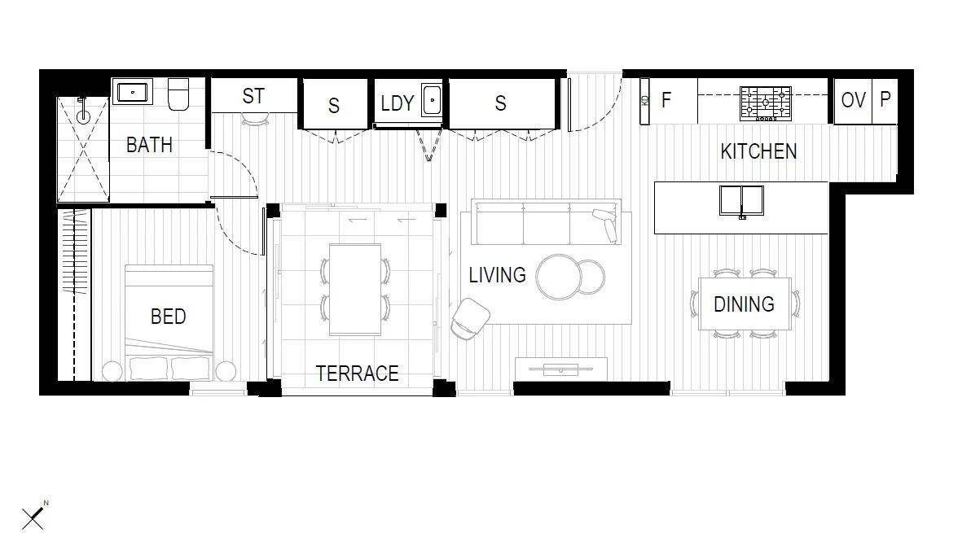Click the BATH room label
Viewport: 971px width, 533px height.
[149, 145]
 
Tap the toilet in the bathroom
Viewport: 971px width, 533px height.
[178, 94]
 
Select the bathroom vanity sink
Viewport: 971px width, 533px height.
[131, 91]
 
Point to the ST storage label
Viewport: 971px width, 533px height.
[253, 96]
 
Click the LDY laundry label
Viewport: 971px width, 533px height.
[398, 103]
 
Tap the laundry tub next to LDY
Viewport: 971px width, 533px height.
[431, 101]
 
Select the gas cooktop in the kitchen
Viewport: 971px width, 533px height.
[765, 103]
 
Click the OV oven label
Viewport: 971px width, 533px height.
[853, 100]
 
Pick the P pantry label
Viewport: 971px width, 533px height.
[885, 99]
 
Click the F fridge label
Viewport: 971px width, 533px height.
[666, 100]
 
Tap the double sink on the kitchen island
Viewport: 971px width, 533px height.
[741, 201]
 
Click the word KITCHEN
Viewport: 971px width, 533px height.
[758, 151]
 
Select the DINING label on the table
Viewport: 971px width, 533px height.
[744, 304]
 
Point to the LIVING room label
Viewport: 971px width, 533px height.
[497, 275]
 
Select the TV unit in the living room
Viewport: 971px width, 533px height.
[560, 367]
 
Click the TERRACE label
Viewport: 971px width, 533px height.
[357, 374]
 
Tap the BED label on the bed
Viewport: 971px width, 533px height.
[168, 317]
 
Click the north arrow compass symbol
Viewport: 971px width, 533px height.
[33, 517]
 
